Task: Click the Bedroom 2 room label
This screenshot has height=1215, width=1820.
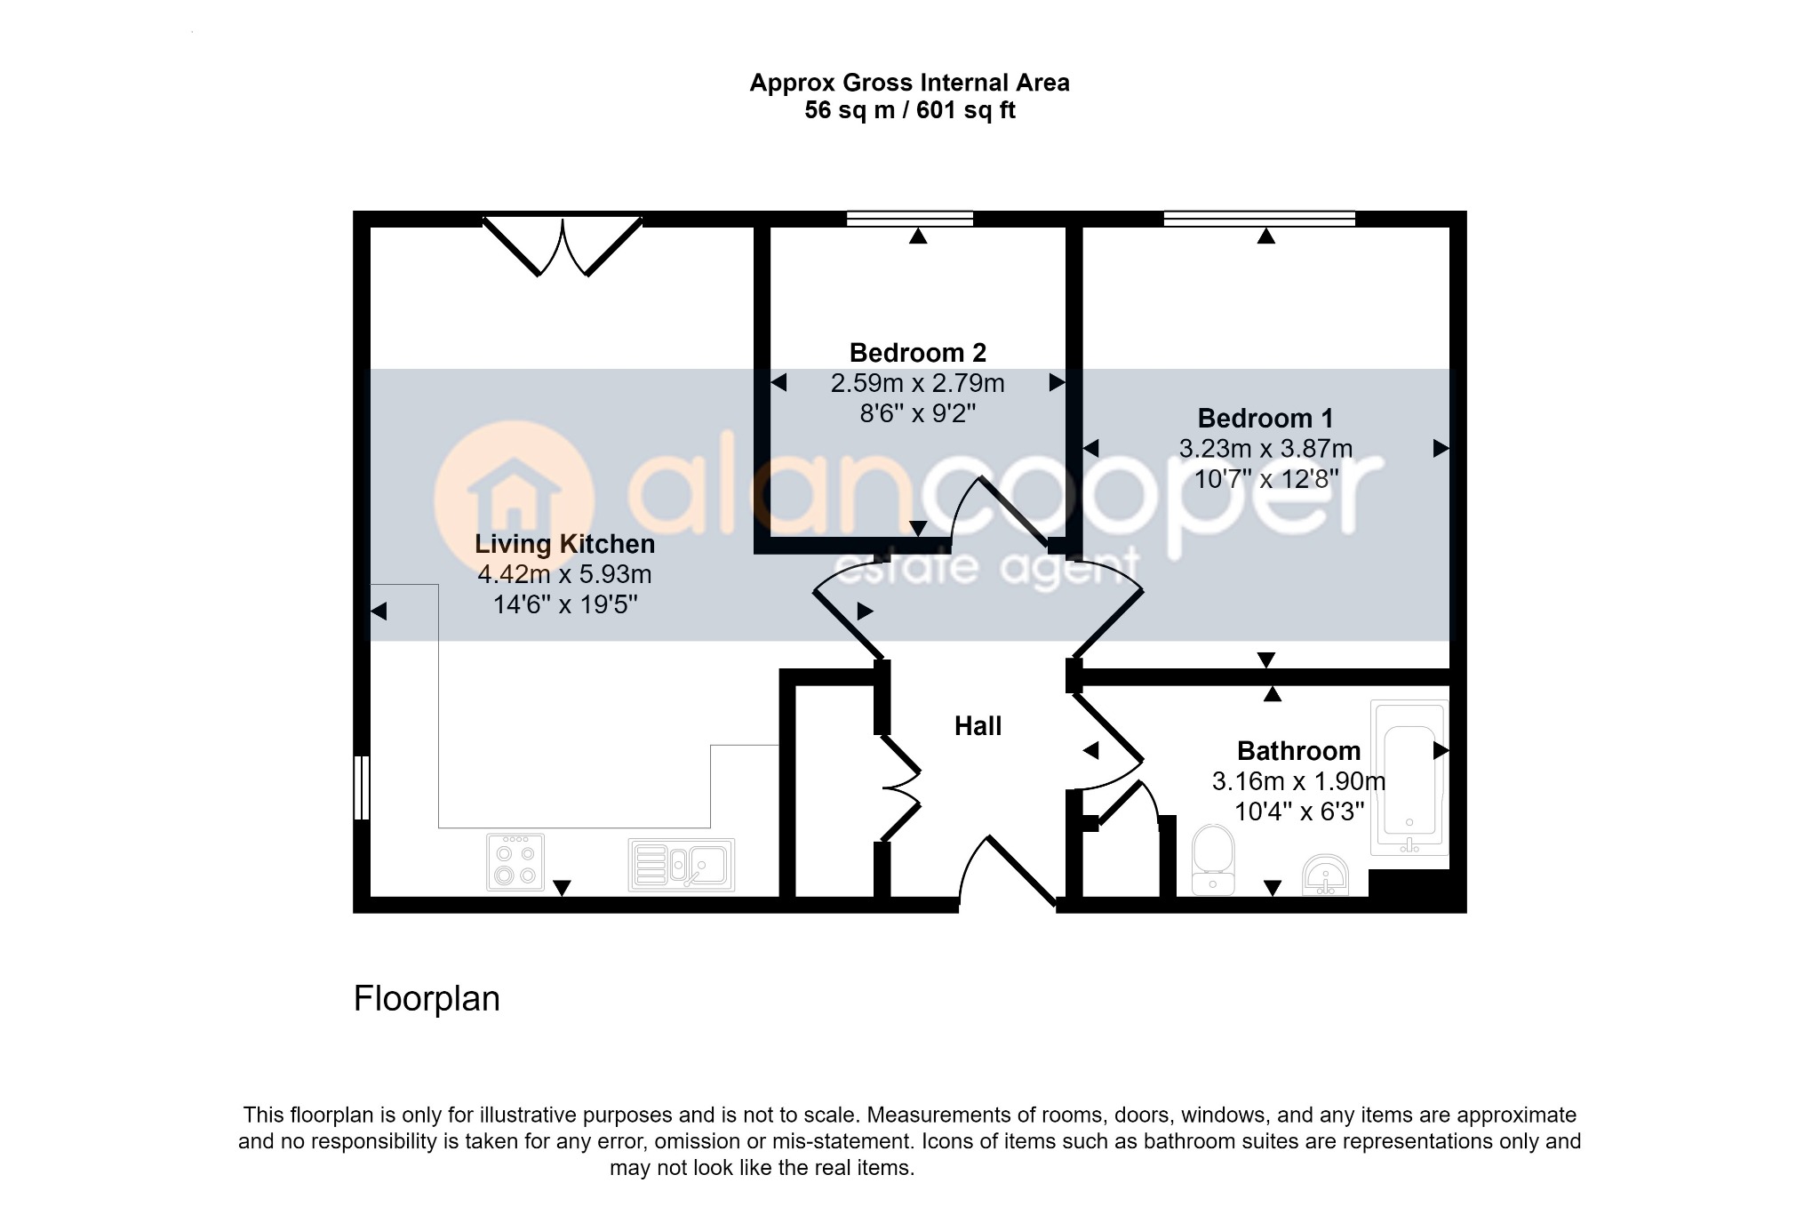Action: pyautogui.click(x=918, y=353)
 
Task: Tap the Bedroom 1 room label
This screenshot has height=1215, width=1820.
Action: pyautogui.click(x=1265, y=418)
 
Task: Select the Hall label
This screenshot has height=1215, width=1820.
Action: pyautogui.click(x=978, y=726)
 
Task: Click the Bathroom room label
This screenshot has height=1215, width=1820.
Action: pyautogui.click(x=1298, y=751)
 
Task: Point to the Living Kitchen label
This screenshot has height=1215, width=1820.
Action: pyautogui.click(x=564, y=544)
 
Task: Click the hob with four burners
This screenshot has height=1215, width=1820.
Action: pyautogui.click(x=515, y=862)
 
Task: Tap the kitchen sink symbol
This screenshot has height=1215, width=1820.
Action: pyautogui.click(x=681, y=865)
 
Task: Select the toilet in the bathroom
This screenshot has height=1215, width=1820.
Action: pyautogui.click(x=1213, y=859)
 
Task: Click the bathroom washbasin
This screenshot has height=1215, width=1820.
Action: pyautogui.click(x=1325, y=875)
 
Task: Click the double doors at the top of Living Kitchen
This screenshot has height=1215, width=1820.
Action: pyautogui.click(x=563, y=245)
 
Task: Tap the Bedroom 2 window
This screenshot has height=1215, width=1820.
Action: pyautogui.click(x=910, y=219)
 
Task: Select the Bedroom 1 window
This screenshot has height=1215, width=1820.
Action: pyautogui.click(x=1260, y=219)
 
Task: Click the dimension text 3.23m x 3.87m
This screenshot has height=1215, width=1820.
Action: pyautogui.click(x=1265, y=449)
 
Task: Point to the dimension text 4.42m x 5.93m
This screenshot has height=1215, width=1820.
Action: pyautogui.click(x=564, y=574)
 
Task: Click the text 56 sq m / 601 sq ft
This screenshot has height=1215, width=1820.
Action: pyautogui.click(x=910, y=110)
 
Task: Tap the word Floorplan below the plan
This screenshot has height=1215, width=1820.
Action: pyautogui.click(x=427, y=999)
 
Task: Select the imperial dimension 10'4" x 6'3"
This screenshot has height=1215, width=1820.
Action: pyautogui.click(x=1298, y=811)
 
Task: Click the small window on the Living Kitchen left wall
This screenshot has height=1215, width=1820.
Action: pyautogui.click(x=361, y=787)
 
